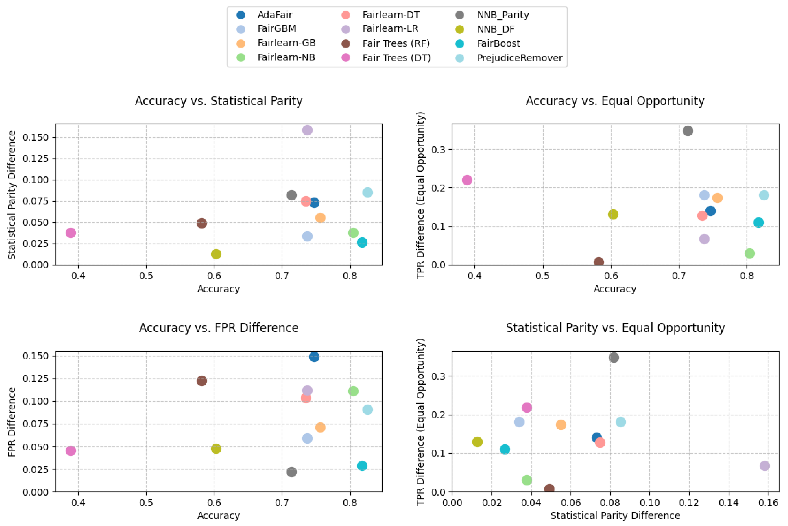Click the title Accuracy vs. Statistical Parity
[219, 101]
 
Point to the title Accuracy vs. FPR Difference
[219, 328]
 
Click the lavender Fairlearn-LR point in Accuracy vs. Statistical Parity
[307, 130]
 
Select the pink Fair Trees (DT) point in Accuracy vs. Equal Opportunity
[467, 180]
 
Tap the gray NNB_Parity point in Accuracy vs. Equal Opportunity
[688, 131]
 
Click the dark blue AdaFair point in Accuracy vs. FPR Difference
[314, 357]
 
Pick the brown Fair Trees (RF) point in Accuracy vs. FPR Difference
[201, 381]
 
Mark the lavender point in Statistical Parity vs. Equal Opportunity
[765, 466]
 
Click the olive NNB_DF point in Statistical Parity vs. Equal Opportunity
[477, 442]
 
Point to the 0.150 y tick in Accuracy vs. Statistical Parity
[35, 137]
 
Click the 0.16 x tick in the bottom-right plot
[768, 503]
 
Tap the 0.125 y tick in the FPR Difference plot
[35, 379]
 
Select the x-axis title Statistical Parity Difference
[615, 516]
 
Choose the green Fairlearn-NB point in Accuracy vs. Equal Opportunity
[749, 253]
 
